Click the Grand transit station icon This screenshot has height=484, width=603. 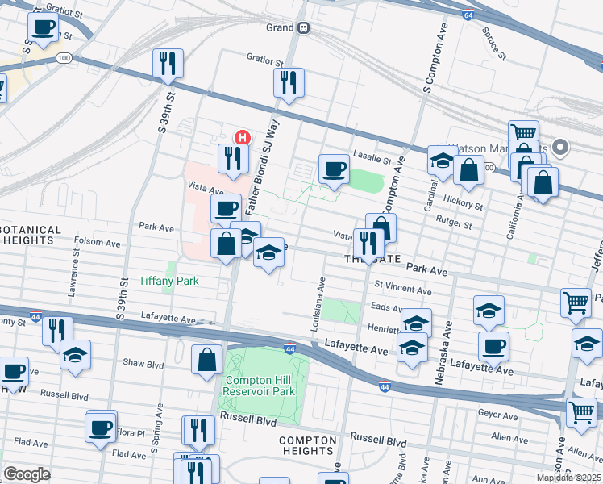tap(304, 27)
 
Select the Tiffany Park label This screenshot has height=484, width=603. tap(168, 281)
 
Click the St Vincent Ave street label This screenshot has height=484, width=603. tap(403, 287)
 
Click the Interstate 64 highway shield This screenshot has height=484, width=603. tap(468, 15)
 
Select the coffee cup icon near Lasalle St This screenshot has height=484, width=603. tap(334, 169)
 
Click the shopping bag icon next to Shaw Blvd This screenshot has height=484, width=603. tap(207, 360)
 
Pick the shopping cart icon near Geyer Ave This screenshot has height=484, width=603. tap(581, 412)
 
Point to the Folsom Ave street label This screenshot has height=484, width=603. tap(97, 242)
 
